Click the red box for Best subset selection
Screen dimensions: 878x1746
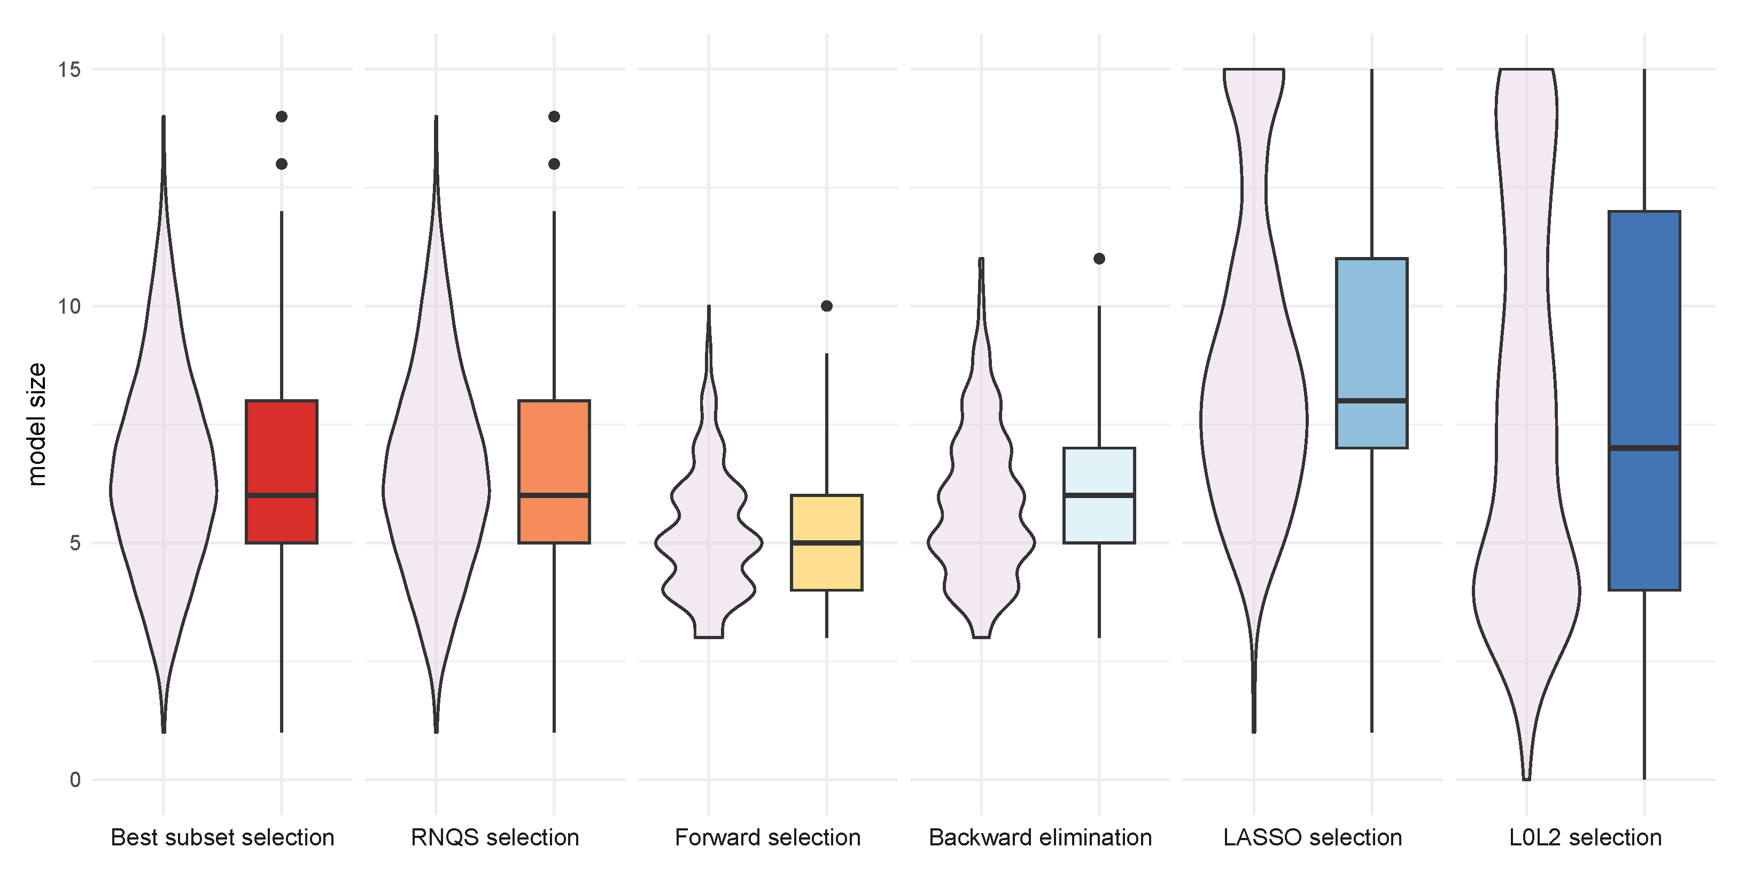coord(281,447)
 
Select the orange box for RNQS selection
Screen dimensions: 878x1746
coord(554,447)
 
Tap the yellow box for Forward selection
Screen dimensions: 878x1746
coord(826,566)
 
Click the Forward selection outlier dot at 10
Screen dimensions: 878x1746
coord(826,306)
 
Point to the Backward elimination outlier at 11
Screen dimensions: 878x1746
coord(1099,258)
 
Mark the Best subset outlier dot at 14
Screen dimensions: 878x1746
coord(281,116)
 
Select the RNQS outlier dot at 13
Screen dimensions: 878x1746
coord(554,164)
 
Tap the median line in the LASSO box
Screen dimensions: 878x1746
coord(1371,401)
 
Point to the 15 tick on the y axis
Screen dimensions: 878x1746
coord(68,69)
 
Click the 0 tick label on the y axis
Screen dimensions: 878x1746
coord(75,780)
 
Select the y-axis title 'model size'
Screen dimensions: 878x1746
coord(36,424)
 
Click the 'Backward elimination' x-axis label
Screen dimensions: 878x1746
coord(1039,837)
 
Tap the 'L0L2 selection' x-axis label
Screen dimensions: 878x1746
coord(1585,837)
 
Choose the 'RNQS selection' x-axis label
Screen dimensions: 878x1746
coord(495,837)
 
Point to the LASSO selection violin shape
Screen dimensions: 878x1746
coord(1253,421)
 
